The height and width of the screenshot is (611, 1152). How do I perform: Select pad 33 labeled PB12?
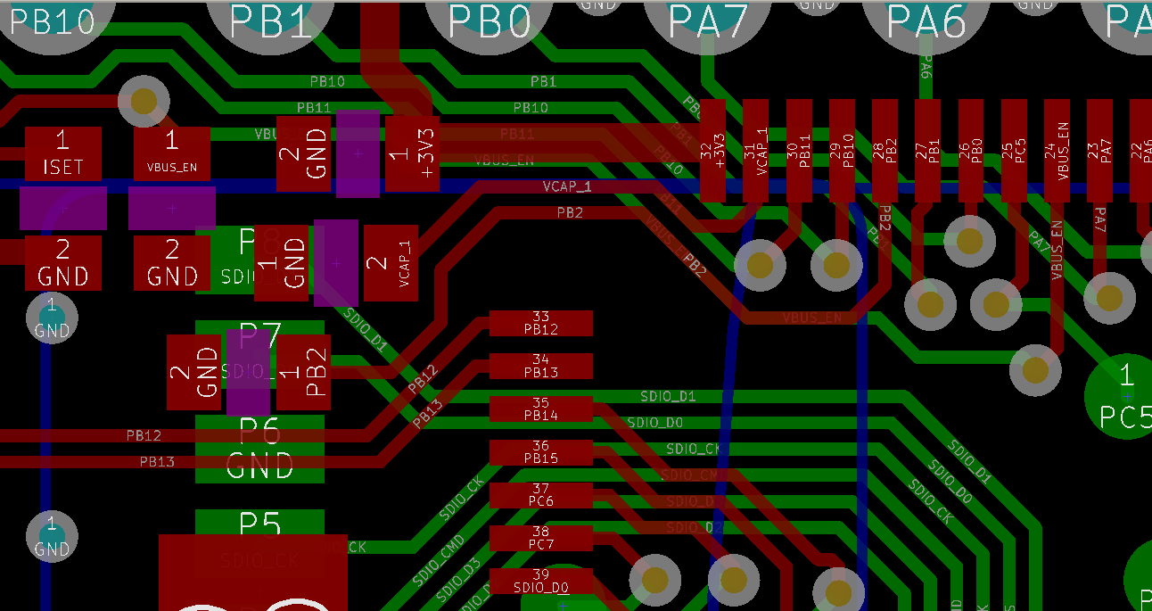(541, 323)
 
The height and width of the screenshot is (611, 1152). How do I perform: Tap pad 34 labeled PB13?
(541, 366)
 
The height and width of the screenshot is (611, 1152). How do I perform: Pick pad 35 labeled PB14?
(541, 409)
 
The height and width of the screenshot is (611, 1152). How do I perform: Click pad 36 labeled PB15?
(541, 452)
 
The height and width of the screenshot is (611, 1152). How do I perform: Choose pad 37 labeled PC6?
(541, 495)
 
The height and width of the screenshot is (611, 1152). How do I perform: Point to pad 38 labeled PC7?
(541, 538)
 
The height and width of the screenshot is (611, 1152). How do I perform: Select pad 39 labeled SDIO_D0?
(541, 581)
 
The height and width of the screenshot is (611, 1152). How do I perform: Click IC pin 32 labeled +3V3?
(713, 150)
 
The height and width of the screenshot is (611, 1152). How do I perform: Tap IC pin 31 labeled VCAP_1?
(756, 150)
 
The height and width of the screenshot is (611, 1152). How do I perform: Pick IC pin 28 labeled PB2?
(885, 150)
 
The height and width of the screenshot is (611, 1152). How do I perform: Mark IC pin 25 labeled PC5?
(1014, 150)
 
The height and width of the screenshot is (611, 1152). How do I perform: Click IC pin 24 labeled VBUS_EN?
(1057, 150)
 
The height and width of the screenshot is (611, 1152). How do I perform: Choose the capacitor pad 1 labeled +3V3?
(412, 153)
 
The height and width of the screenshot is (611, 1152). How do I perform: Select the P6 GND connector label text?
(259, 449)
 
